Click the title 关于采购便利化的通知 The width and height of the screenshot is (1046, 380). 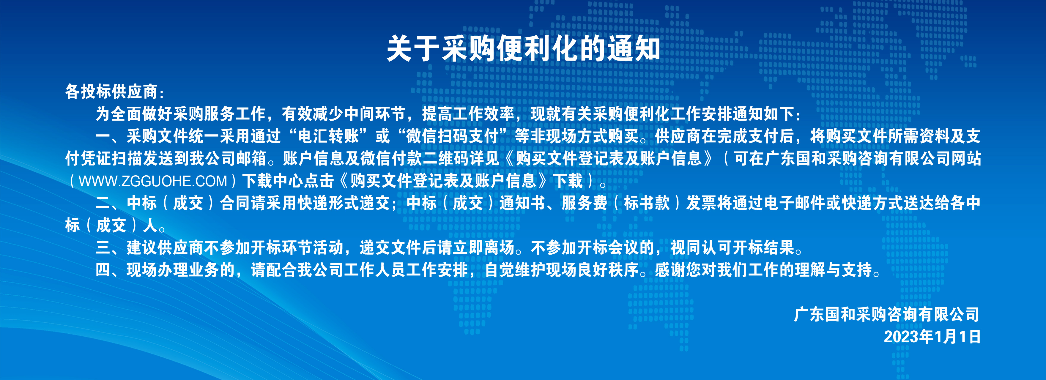point(523,48)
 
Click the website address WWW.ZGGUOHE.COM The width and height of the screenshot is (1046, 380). point(153,181)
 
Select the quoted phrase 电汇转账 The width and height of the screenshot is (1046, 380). point(328,136)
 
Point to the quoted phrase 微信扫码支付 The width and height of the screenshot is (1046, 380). point(452,136)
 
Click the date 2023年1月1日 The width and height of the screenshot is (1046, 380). point(932,337)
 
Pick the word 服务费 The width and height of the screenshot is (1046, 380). point(585,203)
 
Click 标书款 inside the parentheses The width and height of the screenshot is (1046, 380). point(647,203)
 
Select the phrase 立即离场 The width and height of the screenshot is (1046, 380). point(483,248)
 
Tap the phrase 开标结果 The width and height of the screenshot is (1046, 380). point(763,248)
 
